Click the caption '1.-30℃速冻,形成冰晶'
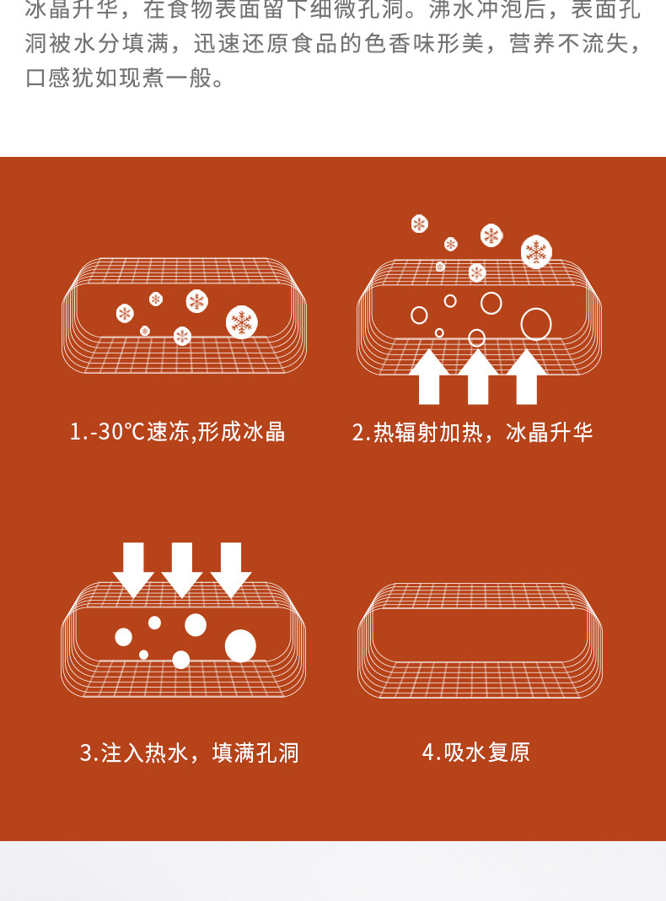coord(177,433)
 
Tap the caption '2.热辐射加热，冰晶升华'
coord(472,433)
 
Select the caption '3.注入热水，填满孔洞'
coord(189,753)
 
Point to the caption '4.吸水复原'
coord(475,753)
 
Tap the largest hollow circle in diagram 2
coord(536,324)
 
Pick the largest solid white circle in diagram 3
coord(240,645)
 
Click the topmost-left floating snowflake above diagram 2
coord(419,224)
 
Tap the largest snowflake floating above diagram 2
coord(536,251)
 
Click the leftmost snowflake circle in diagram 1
coord(125,314)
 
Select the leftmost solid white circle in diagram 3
coord(124,637)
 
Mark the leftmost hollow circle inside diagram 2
coord(419,315)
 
